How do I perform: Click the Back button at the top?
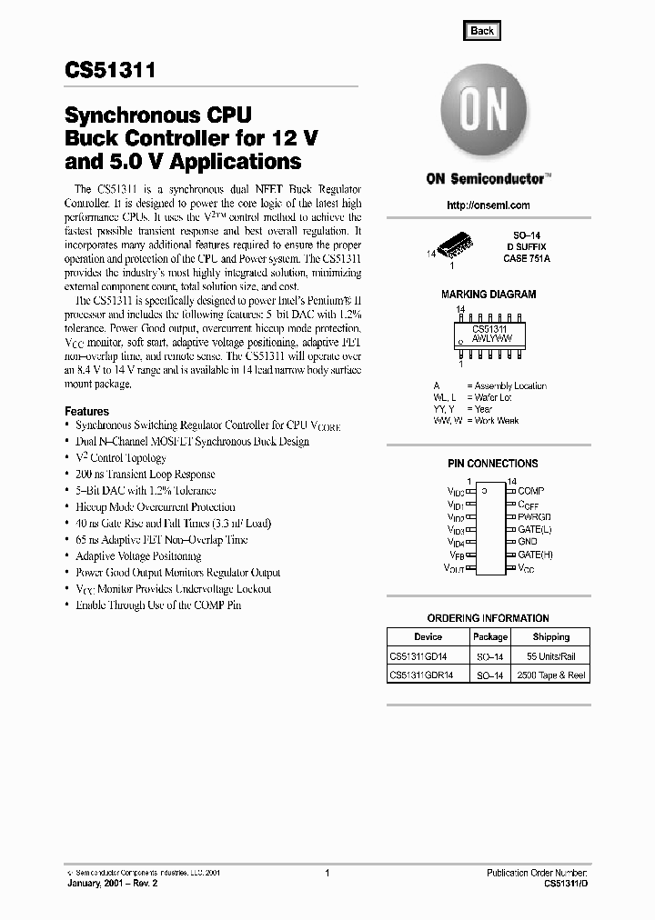coord(482,30)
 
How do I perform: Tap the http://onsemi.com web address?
coord(489,205)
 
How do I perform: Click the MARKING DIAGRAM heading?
coord(489,295)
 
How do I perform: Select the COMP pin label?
coord(530,491)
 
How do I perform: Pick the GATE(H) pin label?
coord(535,555)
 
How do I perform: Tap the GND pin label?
coord(528,542)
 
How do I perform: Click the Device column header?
coord(428,637)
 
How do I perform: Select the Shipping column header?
coord(551,637)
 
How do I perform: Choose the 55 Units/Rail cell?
coord(551,656)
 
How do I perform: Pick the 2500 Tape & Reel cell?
coord(551,675)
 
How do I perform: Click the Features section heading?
coord(87,411)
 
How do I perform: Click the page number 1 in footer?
coord(327,872)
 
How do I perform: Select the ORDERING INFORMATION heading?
coord(488,618)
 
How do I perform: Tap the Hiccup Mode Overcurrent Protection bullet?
coord(155,507)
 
